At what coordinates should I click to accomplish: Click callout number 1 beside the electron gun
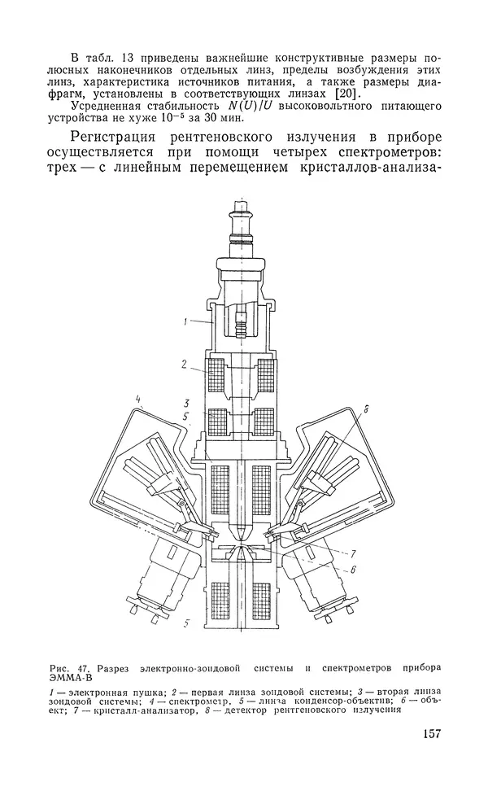coord(185,322)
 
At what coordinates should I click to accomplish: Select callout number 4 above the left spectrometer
coord(139,399)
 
